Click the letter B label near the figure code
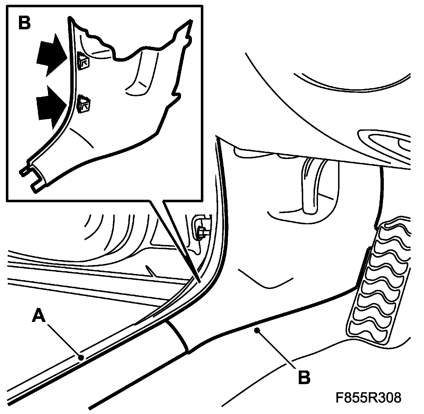(x=304, y=377)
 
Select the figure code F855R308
(x=368, y=398)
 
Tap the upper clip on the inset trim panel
(x=83, y=61)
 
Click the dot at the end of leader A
(x=81, y=358)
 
